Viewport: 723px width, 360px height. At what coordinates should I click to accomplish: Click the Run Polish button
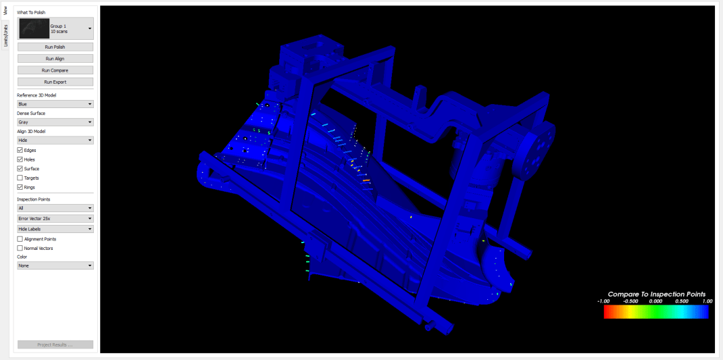click(55, 47)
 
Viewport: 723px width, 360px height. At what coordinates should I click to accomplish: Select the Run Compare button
click(55, 70)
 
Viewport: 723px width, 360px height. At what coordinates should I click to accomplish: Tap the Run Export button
click(55, 82)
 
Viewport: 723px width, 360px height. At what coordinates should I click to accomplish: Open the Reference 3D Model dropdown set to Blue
click(55, 104)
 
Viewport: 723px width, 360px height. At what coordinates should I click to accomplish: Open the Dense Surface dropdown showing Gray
click(55, 122)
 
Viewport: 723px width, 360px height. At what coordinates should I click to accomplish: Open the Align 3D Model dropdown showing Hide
click(55, 140)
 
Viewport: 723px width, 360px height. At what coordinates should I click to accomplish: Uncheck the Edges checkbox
click(20, 150)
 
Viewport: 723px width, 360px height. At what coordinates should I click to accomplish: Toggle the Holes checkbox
click(20, 159)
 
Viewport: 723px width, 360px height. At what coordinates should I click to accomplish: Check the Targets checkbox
click(20, 178)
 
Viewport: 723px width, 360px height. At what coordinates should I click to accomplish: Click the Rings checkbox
click(20, 187)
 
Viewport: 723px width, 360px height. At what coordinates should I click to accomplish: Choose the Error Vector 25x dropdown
click(55, 219)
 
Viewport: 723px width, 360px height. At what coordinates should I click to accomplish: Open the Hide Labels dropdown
click(55, 229)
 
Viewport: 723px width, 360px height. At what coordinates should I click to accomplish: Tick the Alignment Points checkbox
click(20, 239)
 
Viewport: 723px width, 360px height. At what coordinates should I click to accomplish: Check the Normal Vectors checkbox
click(20, 249)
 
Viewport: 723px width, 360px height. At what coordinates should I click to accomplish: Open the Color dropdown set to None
click(55, 266)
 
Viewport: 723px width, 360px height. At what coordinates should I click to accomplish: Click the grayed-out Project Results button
click(55, 344)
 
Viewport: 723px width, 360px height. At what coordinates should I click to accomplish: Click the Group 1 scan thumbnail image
click(34, 28)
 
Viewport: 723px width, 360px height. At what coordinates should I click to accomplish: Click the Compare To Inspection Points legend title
click(656, 294)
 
